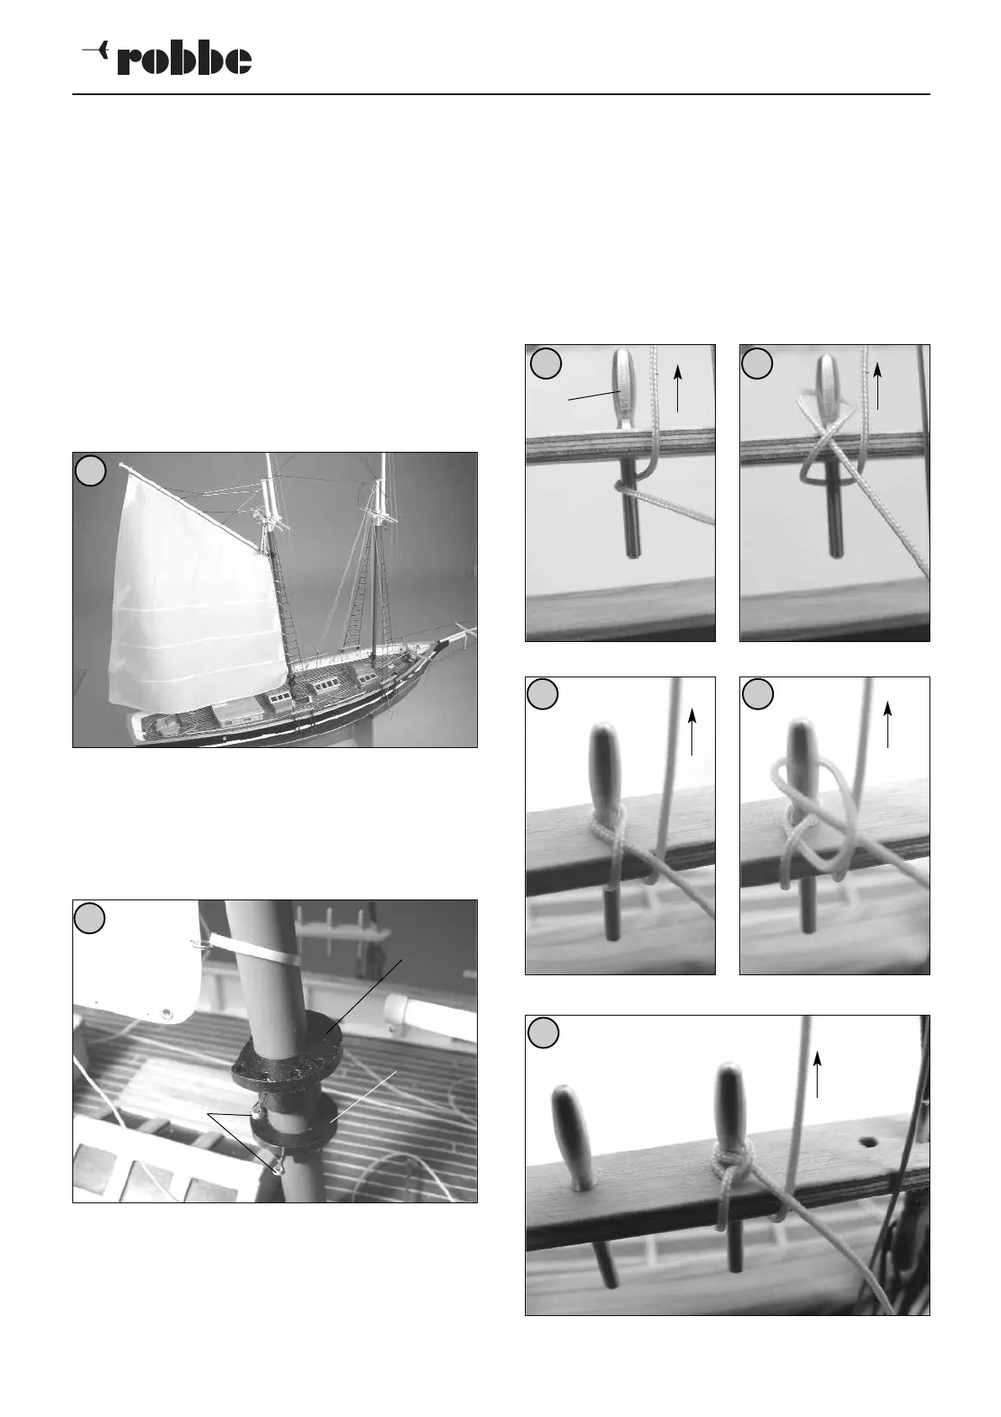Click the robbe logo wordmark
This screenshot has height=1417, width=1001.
(184, 60)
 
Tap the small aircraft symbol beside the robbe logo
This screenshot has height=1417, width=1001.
(96, 50)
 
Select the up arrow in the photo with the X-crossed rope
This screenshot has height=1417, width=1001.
(877, 386)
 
